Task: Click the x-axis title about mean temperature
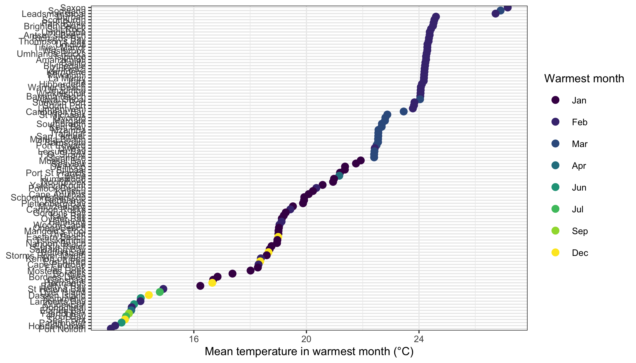(309, 352)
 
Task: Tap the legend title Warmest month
(584, 79)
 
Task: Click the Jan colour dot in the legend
(555, 100)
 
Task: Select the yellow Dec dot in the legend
(555, 253)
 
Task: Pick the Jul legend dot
(555, 209)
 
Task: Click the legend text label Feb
(579, 122)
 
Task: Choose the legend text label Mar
(579, 144)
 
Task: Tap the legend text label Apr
(579, 166)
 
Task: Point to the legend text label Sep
(580, 231)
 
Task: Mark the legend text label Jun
(579, 188)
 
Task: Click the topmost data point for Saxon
(508, 7)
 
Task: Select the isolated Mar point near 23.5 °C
(403, 111)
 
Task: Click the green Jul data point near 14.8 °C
(160, 292)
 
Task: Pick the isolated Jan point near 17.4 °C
(232, 273)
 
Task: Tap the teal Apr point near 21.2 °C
(339, 176)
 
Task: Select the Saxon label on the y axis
(73, 7)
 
